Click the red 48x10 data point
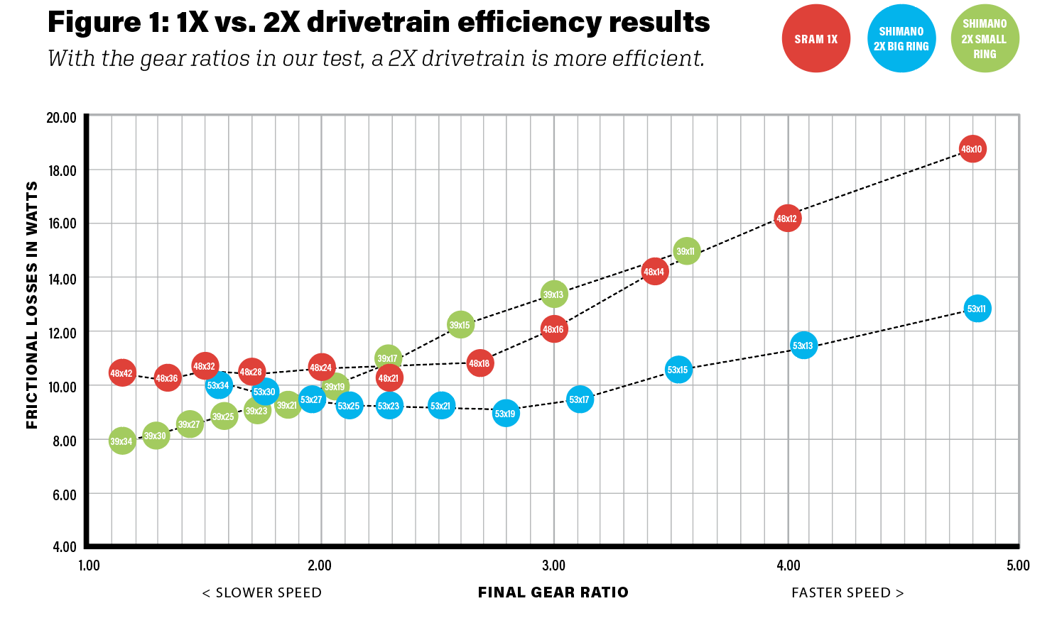pos(972,149)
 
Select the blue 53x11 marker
pos(977,309)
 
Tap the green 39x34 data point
pos(121,441)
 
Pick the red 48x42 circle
pos(121,373)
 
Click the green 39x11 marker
pos(686,251)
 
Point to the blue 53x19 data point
pos(505,414)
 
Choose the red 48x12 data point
pos(787,219)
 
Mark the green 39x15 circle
pos(460,325)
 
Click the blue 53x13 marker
pos(803,346)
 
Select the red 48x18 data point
pos(479,363)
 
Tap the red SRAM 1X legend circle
pos(816,39)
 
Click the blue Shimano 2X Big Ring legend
pos(901,39)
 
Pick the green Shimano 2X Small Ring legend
pos(985,39)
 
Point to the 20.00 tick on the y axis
pos(61,118)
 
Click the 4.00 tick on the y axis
pos(63,547)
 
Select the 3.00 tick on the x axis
pos(553,565)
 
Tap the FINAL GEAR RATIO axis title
pos(553,592)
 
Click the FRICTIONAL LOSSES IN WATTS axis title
pos(32,305)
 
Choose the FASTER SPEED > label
pos(847,592)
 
